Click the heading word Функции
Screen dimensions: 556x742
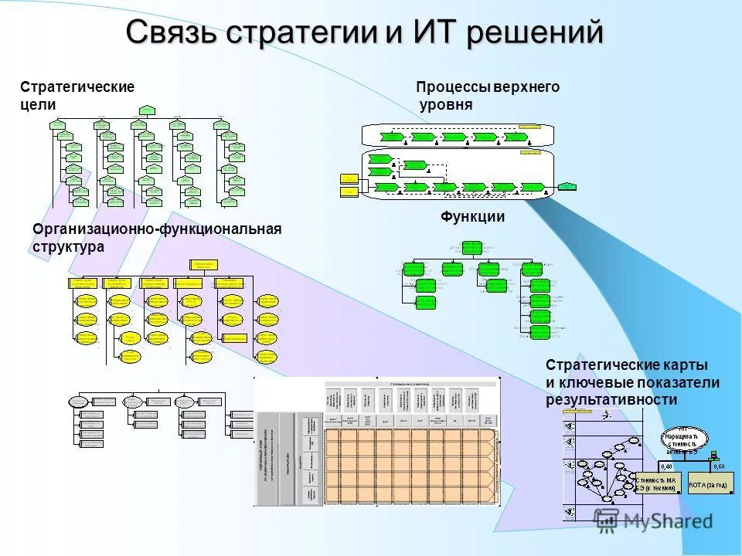473,217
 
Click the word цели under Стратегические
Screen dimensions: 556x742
38,105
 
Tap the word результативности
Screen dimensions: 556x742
611,400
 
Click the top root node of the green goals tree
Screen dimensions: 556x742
144,109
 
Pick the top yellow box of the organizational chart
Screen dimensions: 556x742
204,264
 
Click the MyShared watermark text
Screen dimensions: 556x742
665,522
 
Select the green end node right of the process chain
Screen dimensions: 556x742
567,186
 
